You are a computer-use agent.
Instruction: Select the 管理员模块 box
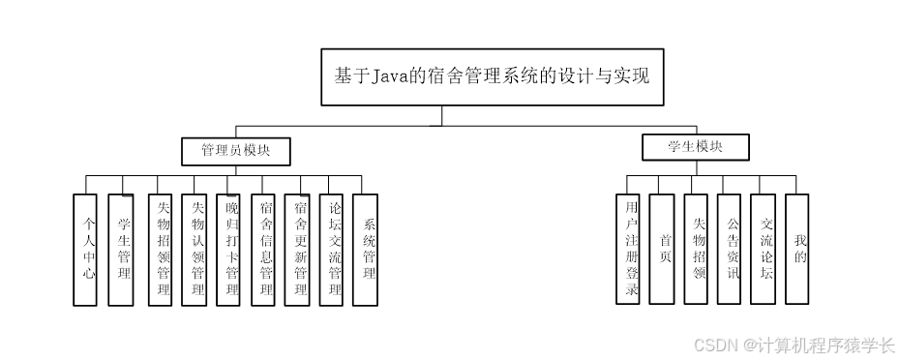tap(236, 151)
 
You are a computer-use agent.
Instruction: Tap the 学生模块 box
tap(695, 147)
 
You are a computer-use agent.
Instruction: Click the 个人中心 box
tap(85, 249)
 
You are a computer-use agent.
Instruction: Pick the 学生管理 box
tap(120, 249)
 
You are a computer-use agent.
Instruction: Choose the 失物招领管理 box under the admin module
tap(161, 249)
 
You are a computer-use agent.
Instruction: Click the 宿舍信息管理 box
tap(263, 249)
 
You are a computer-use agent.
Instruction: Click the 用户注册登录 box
tap(628, 249)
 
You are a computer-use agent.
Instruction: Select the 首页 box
tap(662, 249)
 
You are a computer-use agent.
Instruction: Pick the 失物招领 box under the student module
tap(696, 249)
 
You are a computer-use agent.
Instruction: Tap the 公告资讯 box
tap(730, 249)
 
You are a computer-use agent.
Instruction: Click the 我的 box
tap(796, 249)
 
